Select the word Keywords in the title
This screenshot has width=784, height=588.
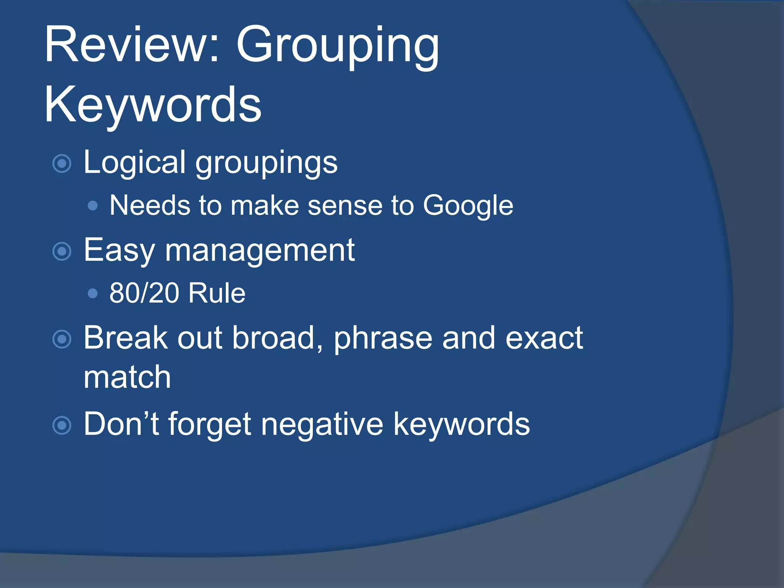[153, 105]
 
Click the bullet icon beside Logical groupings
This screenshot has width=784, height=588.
[62, 164]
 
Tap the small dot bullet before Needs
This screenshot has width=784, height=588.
[93, 206]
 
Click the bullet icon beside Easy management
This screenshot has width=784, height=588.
[62, 252]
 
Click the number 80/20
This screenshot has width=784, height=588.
[144, 293]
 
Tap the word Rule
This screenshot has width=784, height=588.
[217, 293]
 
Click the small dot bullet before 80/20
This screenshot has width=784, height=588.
[93, 294]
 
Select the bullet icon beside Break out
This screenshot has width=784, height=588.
[62, 339]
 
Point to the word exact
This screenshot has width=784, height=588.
[544, 338]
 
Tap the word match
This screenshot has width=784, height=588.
[127, 377]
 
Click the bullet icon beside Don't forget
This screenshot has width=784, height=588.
[62, 425]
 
